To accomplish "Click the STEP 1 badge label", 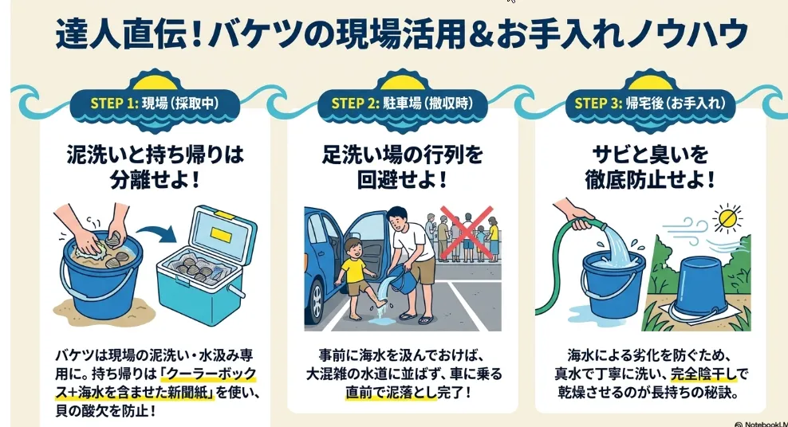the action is (x=155, y=104).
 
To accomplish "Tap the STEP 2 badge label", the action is (x=402, y=104).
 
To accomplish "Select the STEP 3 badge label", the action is (x=650, y=104).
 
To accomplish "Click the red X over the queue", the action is (x=467, y=231).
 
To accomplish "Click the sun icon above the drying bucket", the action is (x=727, y=217).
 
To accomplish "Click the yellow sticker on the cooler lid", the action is (x=221, y=234).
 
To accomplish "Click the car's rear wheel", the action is (x=316, y=301).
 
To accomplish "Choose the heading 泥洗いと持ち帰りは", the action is (x=155, y=155).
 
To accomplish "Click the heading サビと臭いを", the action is (x=650, y=155).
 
